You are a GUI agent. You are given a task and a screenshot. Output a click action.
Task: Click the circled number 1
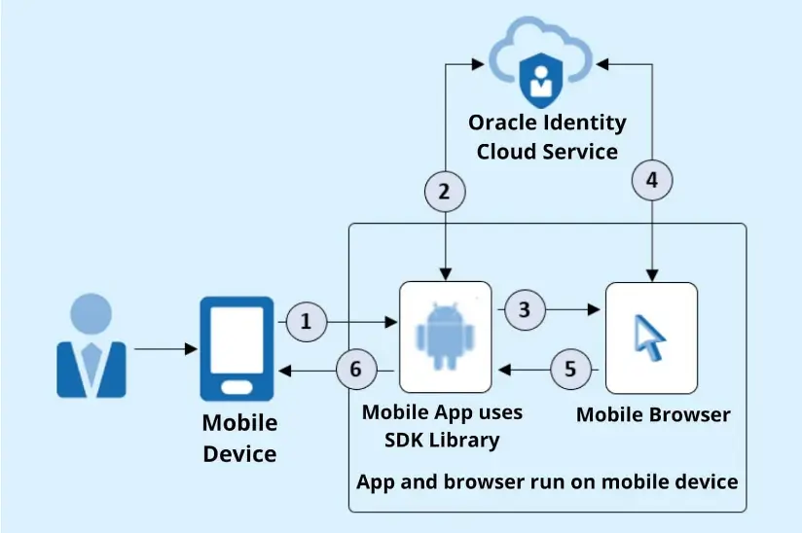point(307,322)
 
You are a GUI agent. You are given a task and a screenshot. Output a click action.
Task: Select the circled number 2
point(445,192)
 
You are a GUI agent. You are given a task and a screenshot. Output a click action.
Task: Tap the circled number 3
point(525,310)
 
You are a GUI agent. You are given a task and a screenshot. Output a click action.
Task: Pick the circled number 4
point(652,180)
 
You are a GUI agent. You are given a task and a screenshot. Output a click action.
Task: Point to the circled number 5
point(570,370)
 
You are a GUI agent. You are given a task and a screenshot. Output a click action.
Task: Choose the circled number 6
point(356,370)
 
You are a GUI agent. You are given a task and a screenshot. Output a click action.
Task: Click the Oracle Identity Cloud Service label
point(546,137)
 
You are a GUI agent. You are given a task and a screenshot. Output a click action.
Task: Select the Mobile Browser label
point(652,415)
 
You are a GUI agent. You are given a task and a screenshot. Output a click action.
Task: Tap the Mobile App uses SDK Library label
point(442,426)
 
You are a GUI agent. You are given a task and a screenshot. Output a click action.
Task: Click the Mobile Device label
point(239,438)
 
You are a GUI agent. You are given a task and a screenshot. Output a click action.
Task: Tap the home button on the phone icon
point(237,387)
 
